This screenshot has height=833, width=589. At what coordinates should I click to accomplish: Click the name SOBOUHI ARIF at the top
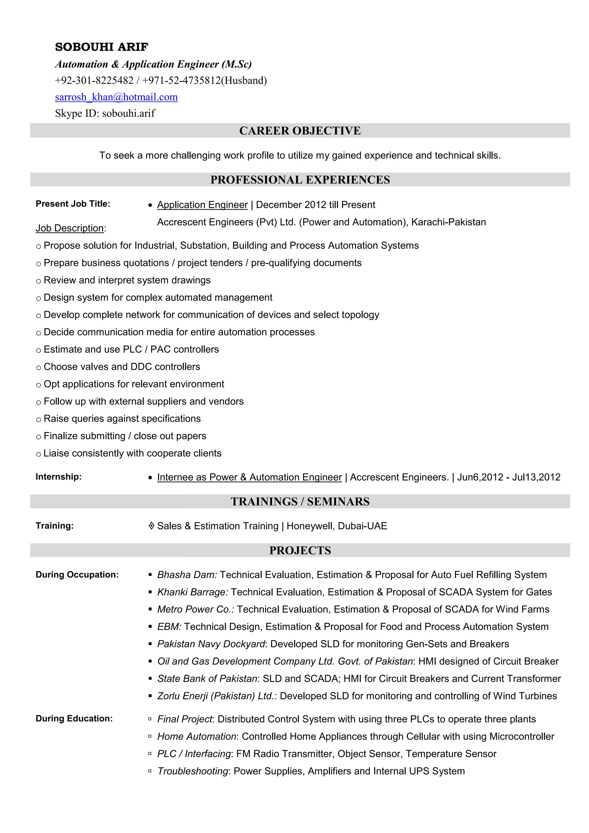point(101,47)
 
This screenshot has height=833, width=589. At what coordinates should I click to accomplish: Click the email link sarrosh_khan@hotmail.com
point(116,97)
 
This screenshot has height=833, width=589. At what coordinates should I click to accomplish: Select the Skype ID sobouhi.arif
point(129,114)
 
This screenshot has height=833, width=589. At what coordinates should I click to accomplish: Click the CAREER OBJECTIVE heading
point(300,130)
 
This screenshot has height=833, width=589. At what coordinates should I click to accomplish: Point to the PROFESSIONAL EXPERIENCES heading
point(300,180)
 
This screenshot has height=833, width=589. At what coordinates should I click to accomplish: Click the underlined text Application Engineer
point(202,205)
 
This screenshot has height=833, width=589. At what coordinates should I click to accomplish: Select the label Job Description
point(70,228)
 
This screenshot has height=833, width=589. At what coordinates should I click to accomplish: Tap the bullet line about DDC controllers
point(122,367)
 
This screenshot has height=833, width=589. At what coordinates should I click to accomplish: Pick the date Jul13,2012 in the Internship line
point(536,477)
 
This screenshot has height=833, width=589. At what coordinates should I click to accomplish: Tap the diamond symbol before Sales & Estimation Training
point(152,526)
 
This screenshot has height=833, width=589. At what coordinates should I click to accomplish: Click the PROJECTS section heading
point(300,550)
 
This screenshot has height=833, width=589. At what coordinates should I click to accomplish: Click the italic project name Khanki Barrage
point(192,592)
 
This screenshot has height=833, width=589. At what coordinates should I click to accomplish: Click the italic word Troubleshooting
point(192,771)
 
